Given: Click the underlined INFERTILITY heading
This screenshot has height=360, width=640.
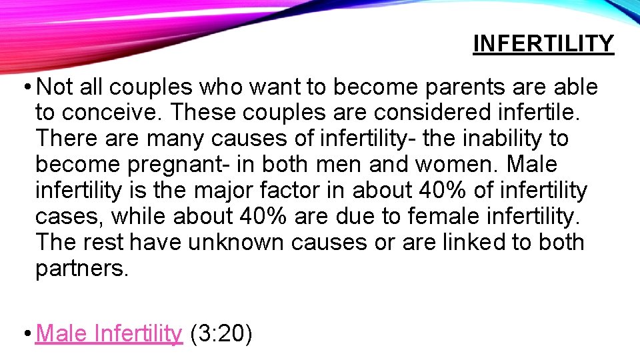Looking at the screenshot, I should [543, 44].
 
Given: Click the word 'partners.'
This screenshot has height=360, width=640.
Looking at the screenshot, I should [81, 269].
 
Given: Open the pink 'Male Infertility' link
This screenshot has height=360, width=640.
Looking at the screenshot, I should [109, 333].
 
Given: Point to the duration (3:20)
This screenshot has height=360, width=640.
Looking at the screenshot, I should [221, 333].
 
